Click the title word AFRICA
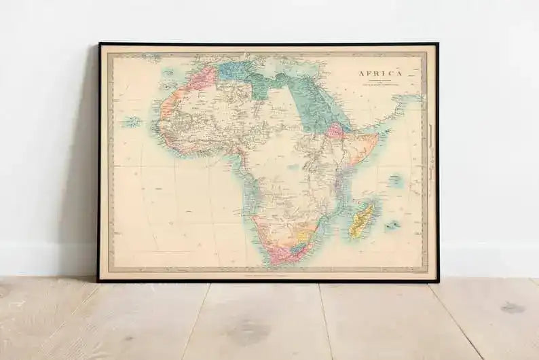(380, 73)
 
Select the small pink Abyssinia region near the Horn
(335, 130)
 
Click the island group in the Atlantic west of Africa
(132, 122)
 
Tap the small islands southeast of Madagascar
(392, 225)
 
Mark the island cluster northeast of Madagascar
(394, 181)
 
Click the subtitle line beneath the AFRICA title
(380, 82)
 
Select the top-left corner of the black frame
(100, 44)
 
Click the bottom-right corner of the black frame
(438, 281)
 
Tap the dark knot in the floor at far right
(512, 308)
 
